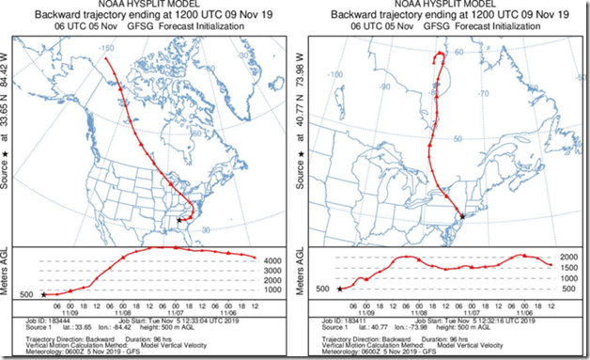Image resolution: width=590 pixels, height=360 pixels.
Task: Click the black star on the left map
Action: [179, 221]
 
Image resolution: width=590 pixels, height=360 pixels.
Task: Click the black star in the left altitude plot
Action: [43, 295]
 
